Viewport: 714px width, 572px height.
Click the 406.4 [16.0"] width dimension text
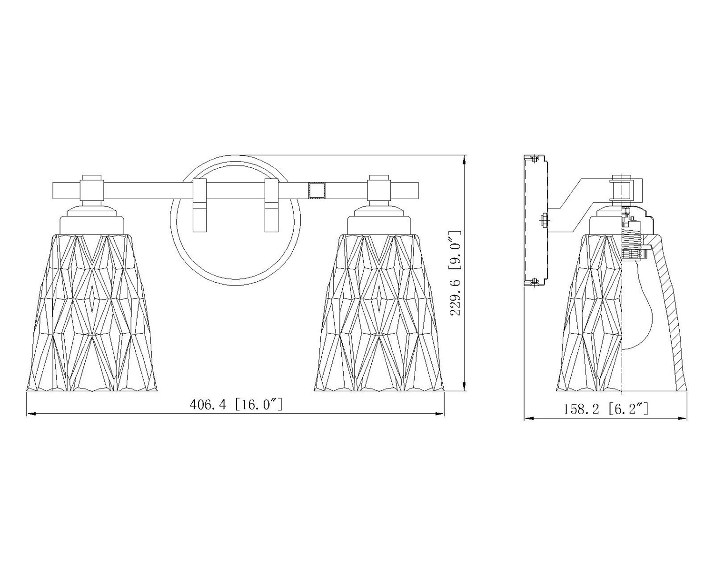236,405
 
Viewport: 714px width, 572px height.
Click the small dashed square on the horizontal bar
317,191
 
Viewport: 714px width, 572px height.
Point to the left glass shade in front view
91,312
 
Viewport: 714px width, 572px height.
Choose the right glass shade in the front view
379,312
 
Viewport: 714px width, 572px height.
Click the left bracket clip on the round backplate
200,205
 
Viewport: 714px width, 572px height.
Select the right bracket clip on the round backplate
271,205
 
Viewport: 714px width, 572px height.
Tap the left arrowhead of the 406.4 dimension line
31,414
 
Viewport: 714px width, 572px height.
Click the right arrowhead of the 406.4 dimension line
440,414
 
